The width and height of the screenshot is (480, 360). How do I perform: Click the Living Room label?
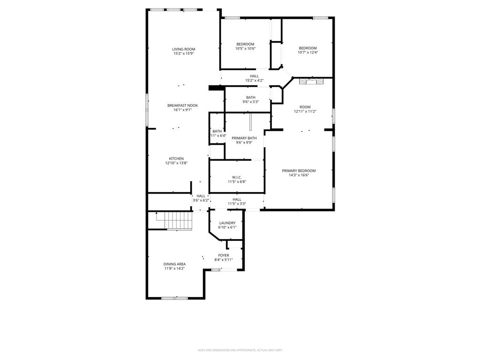[183, 49]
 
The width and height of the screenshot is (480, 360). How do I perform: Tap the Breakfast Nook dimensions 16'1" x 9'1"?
[182, 110]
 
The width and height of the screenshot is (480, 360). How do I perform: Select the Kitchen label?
[176, 158]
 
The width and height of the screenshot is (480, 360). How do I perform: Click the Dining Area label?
[174, 264]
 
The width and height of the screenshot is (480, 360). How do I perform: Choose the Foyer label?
[224, 255]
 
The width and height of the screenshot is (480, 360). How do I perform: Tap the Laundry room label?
[227, 223]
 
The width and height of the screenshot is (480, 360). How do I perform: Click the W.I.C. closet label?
[237, 177]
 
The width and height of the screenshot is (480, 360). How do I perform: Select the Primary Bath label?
[244, 138]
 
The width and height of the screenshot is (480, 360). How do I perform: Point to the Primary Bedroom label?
[299, 171]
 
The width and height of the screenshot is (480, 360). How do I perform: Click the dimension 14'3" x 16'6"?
[299, 175]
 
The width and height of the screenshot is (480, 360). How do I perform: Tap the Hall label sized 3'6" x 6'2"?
[201, 196]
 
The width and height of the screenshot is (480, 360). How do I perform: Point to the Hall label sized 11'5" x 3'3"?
[237, 199]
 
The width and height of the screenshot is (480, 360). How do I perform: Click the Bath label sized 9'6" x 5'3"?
[250, 97]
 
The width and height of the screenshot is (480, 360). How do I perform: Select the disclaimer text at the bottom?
[240, 350]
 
